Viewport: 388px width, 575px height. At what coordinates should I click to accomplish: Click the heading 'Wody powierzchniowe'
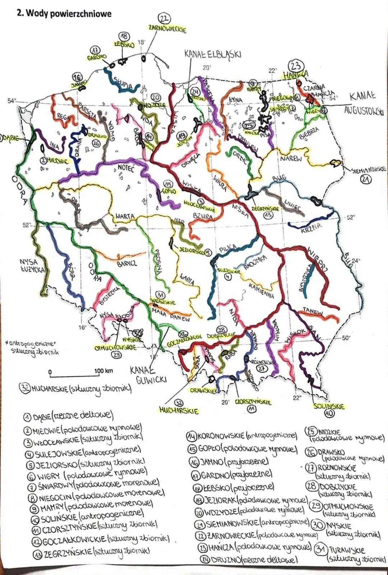click(65, 14)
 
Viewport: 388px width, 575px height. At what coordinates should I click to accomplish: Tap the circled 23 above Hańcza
click(296, 67)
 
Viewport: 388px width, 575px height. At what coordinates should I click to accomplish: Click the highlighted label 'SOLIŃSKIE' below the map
click(329, 406)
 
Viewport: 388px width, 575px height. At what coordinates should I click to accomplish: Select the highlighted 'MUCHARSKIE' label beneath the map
click(179, 411)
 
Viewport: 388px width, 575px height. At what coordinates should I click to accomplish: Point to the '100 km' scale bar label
click(103, 371)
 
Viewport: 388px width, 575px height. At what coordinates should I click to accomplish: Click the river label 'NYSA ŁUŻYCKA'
click(32, 266)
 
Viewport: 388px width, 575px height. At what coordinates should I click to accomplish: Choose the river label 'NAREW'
click(291, 158)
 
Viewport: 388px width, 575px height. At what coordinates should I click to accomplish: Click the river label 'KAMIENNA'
click(262, 290)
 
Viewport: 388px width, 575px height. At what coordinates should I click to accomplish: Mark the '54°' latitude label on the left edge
click(12, 101)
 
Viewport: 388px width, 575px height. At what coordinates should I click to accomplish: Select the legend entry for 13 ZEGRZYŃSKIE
click(92, 553)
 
